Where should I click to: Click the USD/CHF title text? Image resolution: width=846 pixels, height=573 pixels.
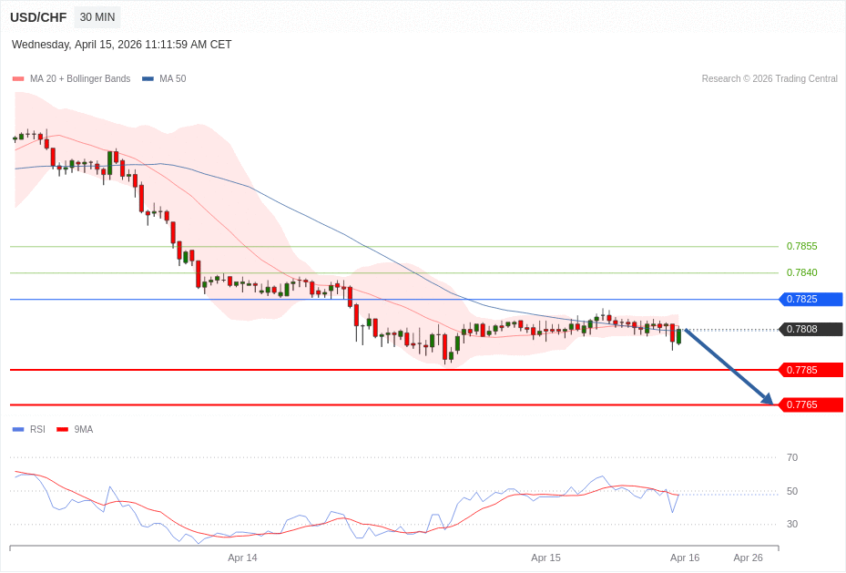click(x=38, y=17)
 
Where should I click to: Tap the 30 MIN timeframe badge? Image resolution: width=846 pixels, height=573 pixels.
click(x=97, y=17)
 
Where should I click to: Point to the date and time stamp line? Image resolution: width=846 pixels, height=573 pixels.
click(x=122, y=45)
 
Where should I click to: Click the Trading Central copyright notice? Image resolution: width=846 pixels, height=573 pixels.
click(x=770, y=79)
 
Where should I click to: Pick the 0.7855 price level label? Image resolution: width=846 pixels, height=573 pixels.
click(x=801, y=246)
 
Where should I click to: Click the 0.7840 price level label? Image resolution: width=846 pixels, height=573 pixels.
click(x=801, y=272)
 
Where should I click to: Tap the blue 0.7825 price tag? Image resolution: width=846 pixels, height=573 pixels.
click(x=810, y=299)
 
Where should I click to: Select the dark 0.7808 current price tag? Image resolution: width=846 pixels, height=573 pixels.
click(x=810, y=329)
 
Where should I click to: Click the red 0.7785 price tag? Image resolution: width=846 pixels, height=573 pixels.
click(x=810, y=370)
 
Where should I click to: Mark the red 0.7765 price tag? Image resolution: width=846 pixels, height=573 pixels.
click(x=810, y=404)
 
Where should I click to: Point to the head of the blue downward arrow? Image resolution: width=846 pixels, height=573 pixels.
click(x=770, y=402)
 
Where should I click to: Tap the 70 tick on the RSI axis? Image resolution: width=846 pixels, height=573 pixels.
click(x=792, y=457)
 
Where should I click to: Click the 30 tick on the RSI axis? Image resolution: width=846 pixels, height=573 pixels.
click(x=792, y=524)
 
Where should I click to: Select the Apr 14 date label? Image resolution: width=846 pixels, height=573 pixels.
click(x=242, y=558)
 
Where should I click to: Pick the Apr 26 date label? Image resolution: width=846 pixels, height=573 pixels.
click(x=748, y=558)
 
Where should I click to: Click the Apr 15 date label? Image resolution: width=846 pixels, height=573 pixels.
click(x=545, y=558)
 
